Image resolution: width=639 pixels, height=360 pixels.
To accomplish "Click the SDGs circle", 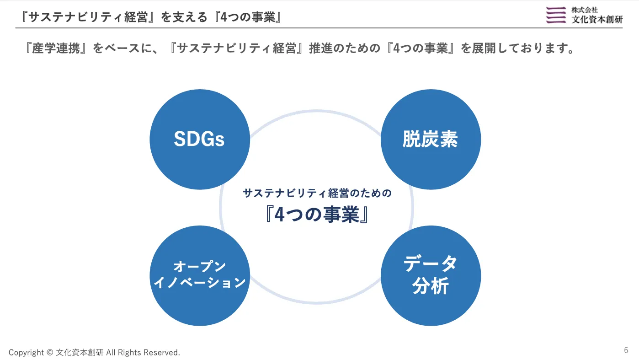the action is [x=200, y=140].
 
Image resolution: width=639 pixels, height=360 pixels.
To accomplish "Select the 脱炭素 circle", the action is [x=431, y=140].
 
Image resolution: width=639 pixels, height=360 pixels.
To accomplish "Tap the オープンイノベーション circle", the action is [x=200, y=276].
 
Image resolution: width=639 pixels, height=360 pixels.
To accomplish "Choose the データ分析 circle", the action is [x=431, y=276].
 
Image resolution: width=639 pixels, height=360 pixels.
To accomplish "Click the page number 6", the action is [x=626, y=350].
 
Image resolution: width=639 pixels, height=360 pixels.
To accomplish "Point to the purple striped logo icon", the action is [x=556, y=15].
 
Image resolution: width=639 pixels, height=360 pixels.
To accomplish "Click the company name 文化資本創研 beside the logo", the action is [x=597, y=19].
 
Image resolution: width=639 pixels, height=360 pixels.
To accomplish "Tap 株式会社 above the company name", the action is [x=585, y=10].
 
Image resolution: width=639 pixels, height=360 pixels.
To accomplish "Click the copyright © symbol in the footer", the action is [x=50, y=353].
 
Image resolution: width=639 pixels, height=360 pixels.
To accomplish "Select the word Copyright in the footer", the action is [x=26, y=353].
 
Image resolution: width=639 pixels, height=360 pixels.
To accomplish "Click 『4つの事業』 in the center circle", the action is [x=317, y=215].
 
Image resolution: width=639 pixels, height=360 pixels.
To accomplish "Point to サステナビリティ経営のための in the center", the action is [x=317, y=193].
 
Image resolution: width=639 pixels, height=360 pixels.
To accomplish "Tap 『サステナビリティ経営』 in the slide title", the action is [x=88, y=17].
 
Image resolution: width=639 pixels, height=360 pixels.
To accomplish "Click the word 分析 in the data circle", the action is [x=431, y=286].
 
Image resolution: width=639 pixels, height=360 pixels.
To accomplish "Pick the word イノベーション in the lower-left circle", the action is [x=200, y=283].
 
